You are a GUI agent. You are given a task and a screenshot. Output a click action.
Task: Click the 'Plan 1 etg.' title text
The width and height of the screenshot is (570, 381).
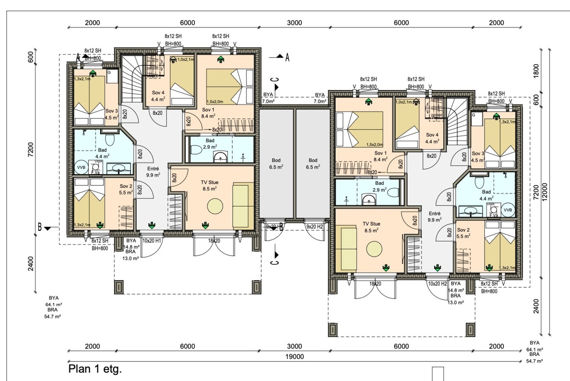pos(95,369)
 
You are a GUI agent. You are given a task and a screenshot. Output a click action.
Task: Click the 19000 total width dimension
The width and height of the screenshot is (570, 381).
pos(294,356)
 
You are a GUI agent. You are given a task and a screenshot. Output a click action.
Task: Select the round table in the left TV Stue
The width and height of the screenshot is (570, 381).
pos(215,206)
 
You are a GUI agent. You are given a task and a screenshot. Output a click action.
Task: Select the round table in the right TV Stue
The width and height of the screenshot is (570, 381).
pos(374,248)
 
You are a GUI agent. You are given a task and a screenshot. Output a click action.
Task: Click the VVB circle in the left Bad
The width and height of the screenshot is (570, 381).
pos(81,167)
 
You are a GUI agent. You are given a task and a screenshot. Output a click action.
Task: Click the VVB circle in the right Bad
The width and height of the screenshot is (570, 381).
pos(508,210)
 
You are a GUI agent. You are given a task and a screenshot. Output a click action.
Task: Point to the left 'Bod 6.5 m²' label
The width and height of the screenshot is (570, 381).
pos(276,163)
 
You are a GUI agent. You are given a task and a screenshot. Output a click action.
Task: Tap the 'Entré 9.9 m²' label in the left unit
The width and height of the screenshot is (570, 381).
pos(153,172)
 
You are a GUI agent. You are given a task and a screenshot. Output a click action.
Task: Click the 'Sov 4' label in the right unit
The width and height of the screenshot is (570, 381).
pos(432,138)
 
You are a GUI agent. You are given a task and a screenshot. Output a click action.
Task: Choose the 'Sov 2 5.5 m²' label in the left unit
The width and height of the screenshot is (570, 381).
pos(126,189)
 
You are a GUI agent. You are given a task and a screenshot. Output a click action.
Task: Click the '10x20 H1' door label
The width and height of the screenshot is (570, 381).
pos(152,241)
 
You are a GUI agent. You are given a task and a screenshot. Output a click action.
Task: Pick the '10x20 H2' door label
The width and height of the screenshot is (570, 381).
pos(437,284)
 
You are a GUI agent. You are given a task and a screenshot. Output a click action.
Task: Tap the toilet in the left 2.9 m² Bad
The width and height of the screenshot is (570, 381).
pos(196,150)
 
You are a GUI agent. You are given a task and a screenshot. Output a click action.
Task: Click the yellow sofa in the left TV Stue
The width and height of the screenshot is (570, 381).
pos(241,205)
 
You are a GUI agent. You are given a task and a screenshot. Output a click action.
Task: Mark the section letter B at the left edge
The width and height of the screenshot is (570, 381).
pos(40,227)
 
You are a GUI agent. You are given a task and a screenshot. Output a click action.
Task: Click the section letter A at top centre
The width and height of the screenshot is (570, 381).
pos(287,57)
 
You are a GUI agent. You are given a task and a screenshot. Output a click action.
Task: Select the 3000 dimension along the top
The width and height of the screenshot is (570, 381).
pos(294,23)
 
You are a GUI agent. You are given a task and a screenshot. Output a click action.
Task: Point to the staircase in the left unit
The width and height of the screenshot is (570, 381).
pos(131,78)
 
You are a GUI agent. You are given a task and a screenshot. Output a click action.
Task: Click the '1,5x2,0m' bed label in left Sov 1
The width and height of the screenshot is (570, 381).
pos(215,101)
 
